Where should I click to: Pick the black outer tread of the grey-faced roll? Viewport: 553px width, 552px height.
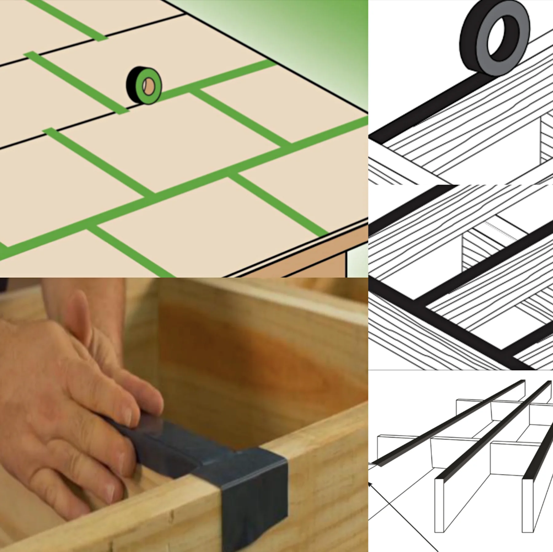[x=470, y=46]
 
